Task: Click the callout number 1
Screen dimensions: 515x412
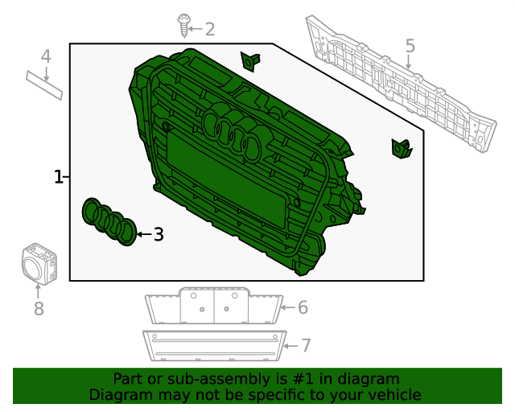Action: pos(58,177)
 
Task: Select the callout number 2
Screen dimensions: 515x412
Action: pos(210,29)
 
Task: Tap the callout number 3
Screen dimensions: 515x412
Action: pos(159,235)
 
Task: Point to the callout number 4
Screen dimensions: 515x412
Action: pos(46,56)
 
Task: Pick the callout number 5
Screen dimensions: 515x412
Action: pos(410,46)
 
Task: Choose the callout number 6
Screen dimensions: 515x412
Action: pos(303,307)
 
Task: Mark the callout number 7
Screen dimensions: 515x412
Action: pos(306,346)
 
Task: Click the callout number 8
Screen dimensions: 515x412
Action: pos(39,309)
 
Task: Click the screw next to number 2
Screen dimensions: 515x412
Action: pos(183,25)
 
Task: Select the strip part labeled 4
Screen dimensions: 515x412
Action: pos(44,85)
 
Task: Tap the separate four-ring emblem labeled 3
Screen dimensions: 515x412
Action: pos(109,222)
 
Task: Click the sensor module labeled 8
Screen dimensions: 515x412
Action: pos(39,264)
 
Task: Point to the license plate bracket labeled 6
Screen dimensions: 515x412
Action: pos(214,306)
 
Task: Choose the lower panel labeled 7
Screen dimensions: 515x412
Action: pos(215,346)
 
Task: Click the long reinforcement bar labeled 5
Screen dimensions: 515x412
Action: pos(401,84)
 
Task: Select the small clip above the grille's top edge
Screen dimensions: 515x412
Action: pos(250,61)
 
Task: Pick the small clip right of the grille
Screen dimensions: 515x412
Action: pos(402,149)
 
